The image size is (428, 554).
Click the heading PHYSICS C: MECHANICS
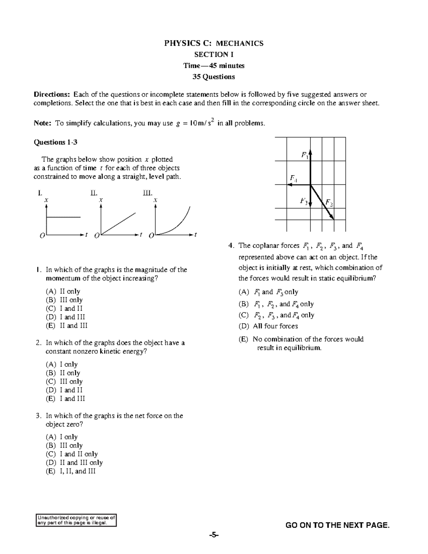coord(214,44)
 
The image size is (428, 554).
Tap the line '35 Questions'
coord(214,77)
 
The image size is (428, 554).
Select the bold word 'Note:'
coord(43,123)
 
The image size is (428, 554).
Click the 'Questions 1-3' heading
coord(55,142)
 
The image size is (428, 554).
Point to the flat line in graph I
coord(63,217)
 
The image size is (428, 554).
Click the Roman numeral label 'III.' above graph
coord(148,193)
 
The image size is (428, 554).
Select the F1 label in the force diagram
coord(305,155)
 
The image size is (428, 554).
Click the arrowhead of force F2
coord(332,217)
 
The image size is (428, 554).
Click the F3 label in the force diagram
coord(304,201)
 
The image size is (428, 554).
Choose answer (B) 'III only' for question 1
coord(64,300)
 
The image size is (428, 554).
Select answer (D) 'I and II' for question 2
coord(64,390)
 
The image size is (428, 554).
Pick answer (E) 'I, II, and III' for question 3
coord(71,471)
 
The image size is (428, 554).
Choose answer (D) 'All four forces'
coord(268,326)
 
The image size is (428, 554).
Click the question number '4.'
coord(231,245)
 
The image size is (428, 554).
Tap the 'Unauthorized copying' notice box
coord(76,520)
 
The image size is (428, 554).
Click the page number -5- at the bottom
coord(214,535)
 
